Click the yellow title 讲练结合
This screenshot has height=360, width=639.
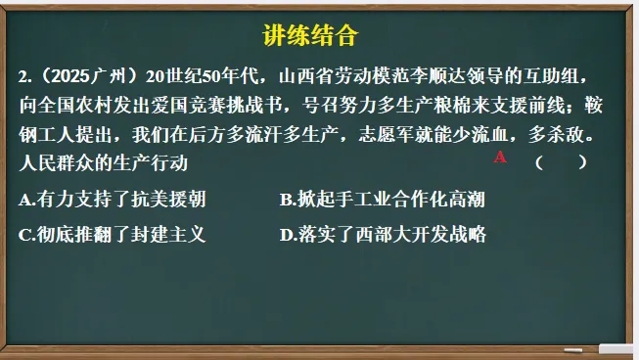coord(311,37)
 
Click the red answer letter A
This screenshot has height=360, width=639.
coord(500,157)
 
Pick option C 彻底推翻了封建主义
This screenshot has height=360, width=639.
coord(113,234)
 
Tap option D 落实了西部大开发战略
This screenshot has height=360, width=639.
coord(382,234)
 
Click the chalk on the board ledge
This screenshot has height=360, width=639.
coord(616,348)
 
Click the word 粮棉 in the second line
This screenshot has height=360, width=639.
coord(459,104)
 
